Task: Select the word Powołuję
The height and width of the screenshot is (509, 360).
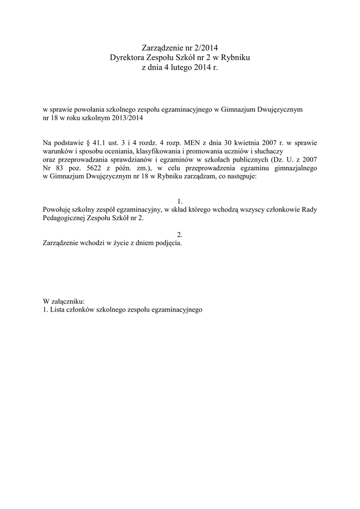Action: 58,210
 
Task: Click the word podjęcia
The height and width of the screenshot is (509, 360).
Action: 167,245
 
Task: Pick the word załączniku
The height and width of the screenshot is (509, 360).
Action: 68,301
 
